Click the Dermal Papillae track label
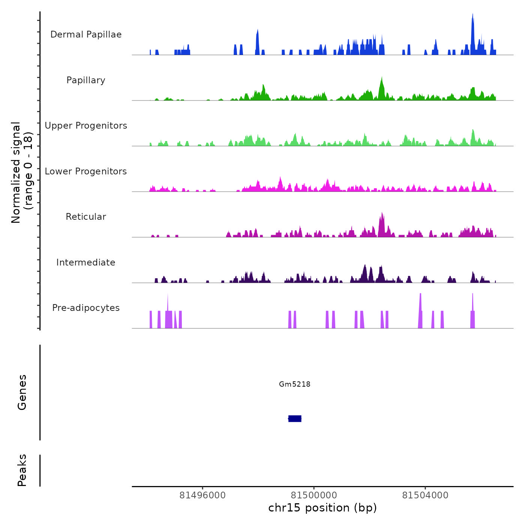(x=86, y=34)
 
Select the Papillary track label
(x=86, y=80)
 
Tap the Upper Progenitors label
(x=86, y=126)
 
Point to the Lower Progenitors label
(x=86, y=171)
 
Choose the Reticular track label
(x=86, y=217)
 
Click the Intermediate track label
(x=86, y=262)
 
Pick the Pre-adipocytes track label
(x=86, y=308)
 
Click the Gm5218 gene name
(x=295, y=384)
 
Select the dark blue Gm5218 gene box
(x=295, y=418)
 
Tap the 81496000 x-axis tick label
(x=202, y=495)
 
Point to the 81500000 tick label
(x=314, y=495)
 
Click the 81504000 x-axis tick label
(x=425, y=495)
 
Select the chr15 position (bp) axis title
(x=322, y=508)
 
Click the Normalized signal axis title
(x=16, y=172)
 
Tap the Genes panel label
(x=22, y=392)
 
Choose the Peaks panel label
(x=22, y=470)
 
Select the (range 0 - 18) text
(x=28, y=171)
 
